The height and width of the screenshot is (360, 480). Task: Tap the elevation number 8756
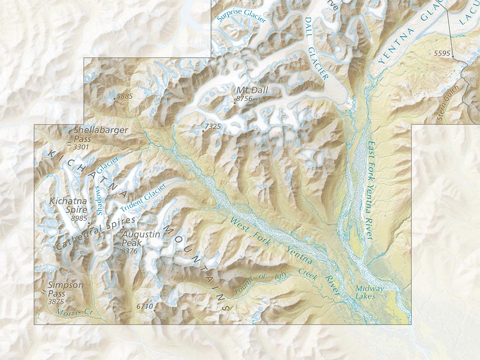(245, 98)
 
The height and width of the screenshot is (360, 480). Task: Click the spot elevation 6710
(145, 307)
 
